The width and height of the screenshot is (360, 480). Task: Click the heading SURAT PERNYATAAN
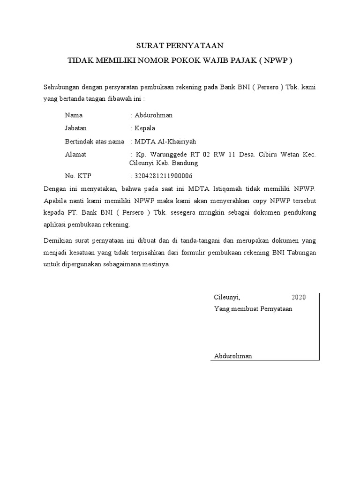click(x=180, y=45)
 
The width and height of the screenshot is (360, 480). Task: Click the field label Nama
click(x=74, y=115)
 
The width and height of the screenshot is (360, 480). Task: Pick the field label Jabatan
click(x=76, y=128)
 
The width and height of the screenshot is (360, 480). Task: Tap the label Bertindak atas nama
click(x=95, y=141)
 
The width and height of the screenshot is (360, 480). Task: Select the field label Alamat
click(x=75, y=154)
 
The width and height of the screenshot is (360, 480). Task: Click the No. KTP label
click(x=78, y=176)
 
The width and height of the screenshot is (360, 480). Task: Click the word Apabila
click(x=55, y=201)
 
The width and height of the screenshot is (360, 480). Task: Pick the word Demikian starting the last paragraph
click(x=58, y=240)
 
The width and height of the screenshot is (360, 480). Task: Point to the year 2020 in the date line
click(x=298, y=297)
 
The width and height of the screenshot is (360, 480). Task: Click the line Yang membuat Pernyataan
click(x=253, y=309)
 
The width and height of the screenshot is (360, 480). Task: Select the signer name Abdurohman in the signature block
click(x=233, y=356)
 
